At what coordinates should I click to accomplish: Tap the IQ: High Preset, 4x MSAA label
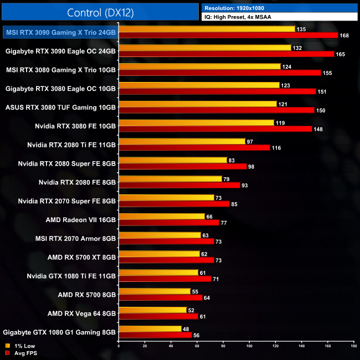pos(241,17)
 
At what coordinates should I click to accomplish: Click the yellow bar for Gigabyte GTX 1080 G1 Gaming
pos(150,328)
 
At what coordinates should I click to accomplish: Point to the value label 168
pos(345,35)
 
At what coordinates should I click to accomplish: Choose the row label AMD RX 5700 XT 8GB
pos(82,257)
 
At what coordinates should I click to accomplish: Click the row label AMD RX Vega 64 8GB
pos(82,313)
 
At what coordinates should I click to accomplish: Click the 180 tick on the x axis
pos(353,346)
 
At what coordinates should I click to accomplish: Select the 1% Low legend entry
pos(20,346)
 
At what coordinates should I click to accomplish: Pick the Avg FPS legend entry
pos(23,353)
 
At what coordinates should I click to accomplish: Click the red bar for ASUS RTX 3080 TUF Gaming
pos(217,110)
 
